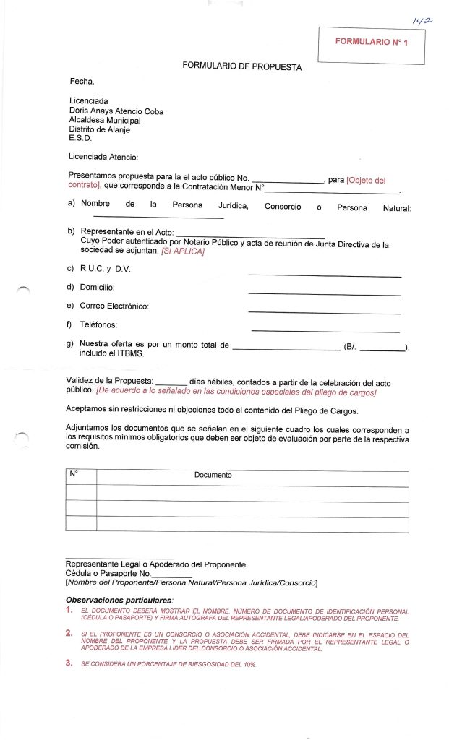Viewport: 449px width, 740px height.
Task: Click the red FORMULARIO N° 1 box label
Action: click(372, 43)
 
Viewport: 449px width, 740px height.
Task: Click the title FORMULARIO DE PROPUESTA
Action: click(241, 66)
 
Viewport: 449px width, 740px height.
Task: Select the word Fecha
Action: click(82, 82)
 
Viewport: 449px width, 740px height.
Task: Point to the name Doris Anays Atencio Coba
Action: click(116, 111)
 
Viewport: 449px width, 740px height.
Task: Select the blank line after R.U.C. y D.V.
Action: click(324, 276)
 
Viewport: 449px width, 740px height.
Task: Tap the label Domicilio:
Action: click(97, 288)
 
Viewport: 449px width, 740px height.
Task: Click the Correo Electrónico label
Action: click(114, 306)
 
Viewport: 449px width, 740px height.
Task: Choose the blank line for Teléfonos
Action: click(324, 332)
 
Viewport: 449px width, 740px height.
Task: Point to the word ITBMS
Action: click(130, 354)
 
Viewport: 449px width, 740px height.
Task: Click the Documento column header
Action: click(213, 476)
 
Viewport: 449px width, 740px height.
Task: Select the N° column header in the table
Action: click(74, 475)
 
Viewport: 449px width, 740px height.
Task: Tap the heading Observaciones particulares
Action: click(119, 600)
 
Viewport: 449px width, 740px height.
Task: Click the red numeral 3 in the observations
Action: click(68, 663)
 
